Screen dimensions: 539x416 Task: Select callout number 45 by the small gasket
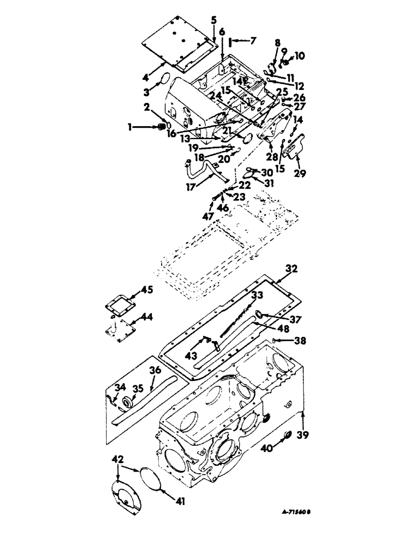tap(147, 290)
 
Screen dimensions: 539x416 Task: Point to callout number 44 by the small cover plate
tap(146, 317)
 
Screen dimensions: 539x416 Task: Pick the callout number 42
tap(117, 459)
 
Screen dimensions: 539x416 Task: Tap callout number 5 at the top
tap(214, 22)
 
